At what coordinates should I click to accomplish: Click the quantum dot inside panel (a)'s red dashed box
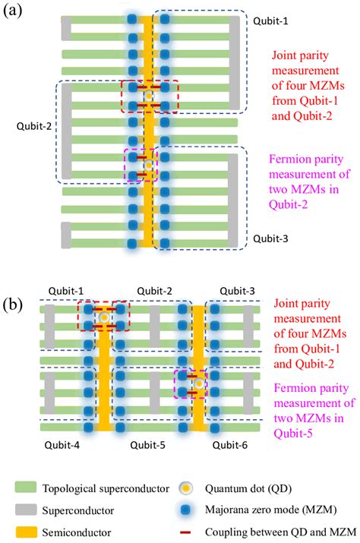(149, 97)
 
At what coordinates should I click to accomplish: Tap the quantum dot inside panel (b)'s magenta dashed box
(198, 384)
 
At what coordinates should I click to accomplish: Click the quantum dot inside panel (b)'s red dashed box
(104, 317)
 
